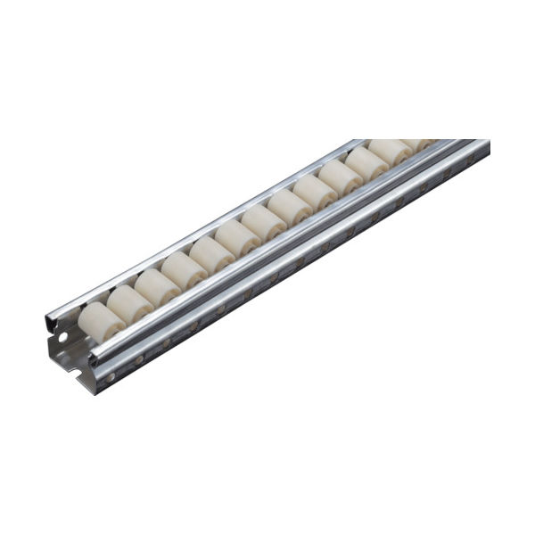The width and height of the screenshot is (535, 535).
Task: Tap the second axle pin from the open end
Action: point(138,359)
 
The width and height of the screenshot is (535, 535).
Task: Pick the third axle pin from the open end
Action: point(166,342)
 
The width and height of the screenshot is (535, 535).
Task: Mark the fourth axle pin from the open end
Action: point(193,326)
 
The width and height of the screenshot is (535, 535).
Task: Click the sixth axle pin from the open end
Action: point(246,294)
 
